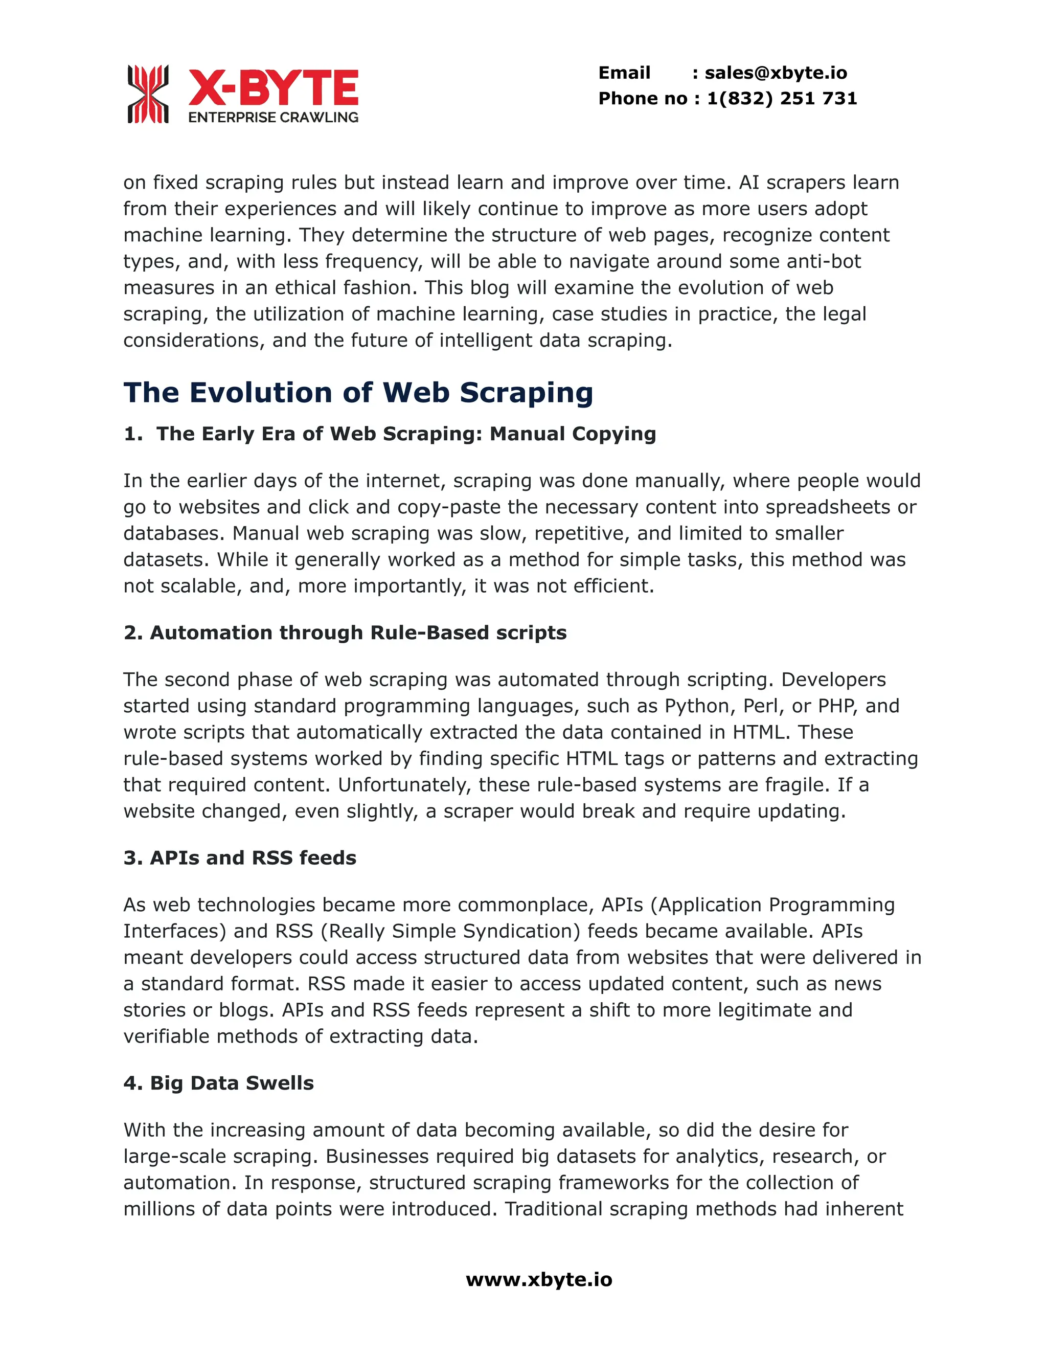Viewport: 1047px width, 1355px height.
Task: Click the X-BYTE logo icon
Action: pos(148,94)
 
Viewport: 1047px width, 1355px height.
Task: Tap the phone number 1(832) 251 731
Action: pos(782,99)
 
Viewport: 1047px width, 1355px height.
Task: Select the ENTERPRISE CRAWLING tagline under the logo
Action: pos(273,117)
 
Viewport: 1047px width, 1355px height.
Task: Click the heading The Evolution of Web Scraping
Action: pos(358,393)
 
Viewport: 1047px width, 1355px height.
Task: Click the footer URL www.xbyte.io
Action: pos(538,1280)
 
